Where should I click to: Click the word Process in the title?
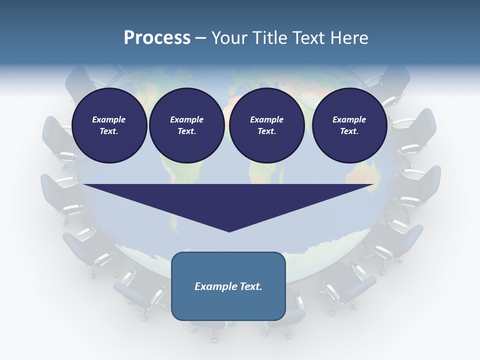[x=157, y=38]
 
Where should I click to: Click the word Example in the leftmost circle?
[x=109, y=119]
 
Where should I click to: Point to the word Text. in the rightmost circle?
[x=349, y=131]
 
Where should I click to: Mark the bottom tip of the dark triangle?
[x=229, y=231]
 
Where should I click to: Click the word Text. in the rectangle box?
[x=250, y=286]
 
